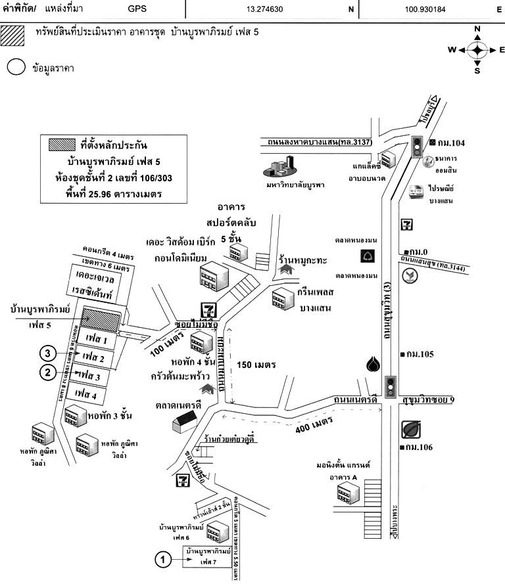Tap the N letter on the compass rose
coord(477,29)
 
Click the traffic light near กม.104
coord(416,146)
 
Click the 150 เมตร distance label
coord(255,365)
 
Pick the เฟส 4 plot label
coord(85,394)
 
